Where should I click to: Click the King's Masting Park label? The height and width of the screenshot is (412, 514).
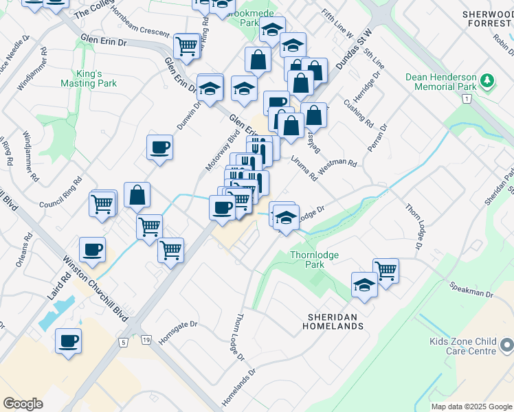pyautogui.click(x=89, y=78)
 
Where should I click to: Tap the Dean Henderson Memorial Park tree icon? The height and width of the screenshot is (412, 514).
pyautogui.click(x=488, y=82)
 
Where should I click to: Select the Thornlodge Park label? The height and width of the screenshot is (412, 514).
pyautogui.click(x=314, y=260)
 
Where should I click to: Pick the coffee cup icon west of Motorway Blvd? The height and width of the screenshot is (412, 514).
pyautogui.click(x=159, y=147)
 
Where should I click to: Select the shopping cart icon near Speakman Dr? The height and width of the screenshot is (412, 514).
pyautogui.click(x=386, y=271)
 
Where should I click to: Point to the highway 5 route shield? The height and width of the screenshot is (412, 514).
pyautogui.click(x=124, y=341)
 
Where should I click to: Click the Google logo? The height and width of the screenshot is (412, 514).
pyautogui.click(x=23, y=403)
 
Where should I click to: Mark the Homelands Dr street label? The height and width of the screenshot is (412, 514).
pyautogui.click(x=238, y=389)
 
